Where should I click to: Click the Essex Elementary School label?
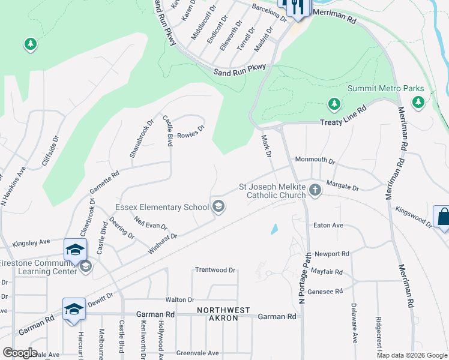[162, 207]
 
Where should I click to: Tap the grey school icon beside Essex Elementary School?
[218, 207]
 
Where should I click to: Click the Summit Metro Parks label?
[386, 89]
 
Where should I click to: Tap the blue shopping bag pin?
[443, 217]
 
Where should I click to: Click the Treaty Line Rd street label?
[343, 116]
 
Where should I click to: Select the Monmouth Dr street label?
[314, 161]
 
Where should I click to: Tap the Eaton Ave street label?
[328, 226]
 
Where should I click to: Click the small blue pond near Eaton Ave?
[274, 229]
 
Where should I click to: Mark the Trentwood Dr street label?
[215, 270]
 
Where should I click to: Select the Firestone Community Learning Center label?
[38, 267]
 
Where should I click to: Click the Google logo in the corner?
[20, 353]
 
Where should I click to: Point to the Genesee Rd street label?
[325, 291]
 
